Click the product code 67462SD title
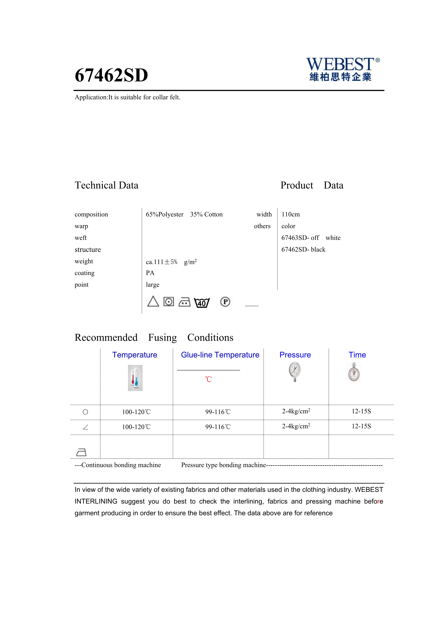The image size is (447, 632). click(111, 75)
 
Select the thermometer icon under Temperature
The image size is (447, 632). click(135, 378)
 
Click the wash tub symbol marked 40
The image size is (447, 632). click(202, 303)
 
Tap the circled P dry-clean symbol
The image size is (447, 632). click(225, 302)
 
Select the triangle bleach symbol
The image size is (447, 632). click(153, 302)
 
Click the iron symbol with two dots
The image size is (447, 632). click(184, 302)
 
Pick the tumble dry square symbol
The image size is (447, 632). click(169, 302)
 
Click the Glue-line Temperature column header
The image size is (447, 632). click(220, 355)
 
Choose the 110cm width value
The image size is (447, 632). click(290, 214)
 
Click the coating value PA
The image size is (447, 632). click(150, 273)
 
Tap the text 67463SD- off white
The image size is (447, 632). click(311, 238)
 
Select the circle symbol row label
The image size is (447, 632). click(85, 412)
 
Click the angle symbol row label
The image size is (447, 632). click(85, 427)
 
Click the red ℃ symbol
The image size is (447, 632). click(208, 379)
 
